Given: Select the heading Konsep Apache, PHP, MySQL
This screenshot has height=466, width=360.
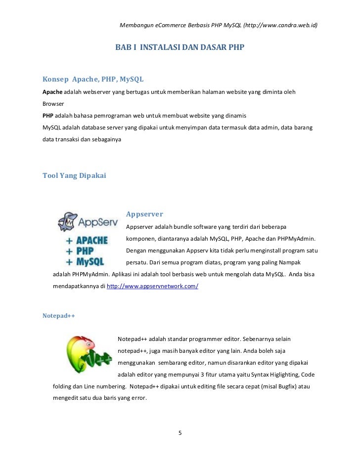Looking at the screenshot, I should point(93,79).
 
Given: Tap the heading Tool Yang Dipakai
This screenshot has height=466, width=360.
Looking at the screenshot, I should point(74,175).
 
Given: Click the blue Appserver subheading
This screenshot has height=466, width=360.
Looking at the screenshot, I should point(144,214).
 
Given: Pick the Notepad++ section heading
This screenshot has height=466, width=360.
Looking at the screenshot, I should point(59,315).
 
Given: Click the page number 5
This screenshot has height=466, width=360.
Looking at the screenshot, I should point(180,433).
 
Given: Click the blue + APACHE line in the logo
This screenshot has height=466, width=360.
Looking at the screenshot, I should point(87,241).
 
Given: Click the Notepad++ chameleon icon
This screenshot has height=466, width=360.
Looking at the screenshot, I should point(89,354).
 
